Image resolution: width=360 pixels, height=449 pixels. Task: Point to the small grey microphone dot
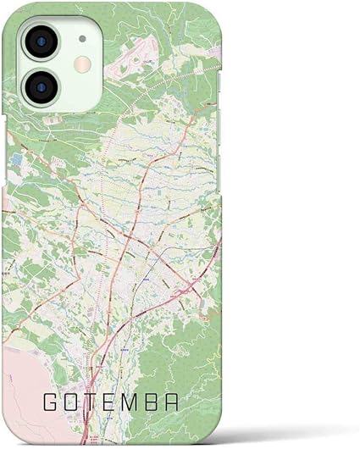pyautogui.click(x=81, y=38)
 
